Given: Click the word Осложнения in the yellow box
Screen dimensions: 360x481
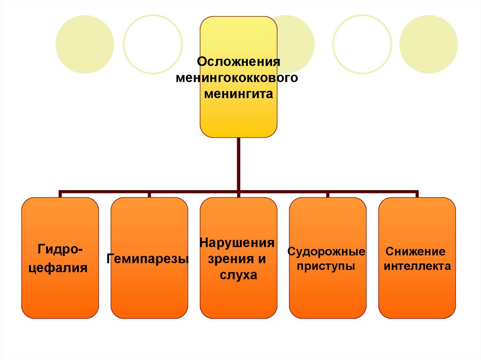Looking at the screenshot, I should click(238, 62).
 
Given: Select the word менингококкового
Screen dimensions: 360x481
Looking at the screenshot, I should click(237, 78).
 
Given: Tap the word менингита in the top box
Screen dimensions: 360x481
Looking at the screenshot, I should click(238, 94).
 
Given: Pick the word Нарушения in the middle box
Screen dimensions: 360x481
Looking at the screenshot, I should click(237, 243).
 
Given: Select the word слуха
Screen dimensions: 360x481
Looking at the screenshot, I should click(238, 275).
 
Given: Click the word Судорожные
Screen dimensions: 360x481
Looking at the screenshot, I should click(326, 252).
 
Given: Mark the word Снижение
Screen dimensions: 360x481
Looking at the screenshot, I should click(415, 252).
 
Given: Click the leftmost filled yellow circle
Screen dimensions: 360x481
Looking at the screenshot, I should click(85, 44).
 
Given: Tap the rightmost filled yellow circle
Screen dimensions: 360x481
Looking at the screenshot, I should click(428, 44).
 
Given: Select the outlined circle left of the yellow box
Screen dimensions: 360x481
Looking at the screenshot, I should click(153, 44).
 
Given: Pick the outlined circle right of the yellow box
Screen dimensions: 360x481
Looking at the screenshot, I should click(362, 44).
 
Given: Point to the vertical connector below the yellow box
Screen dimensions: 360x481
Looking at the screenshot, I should click(239, 164).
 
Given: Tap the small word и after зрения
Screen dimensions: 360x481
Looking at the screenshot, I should click(262, 259).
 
